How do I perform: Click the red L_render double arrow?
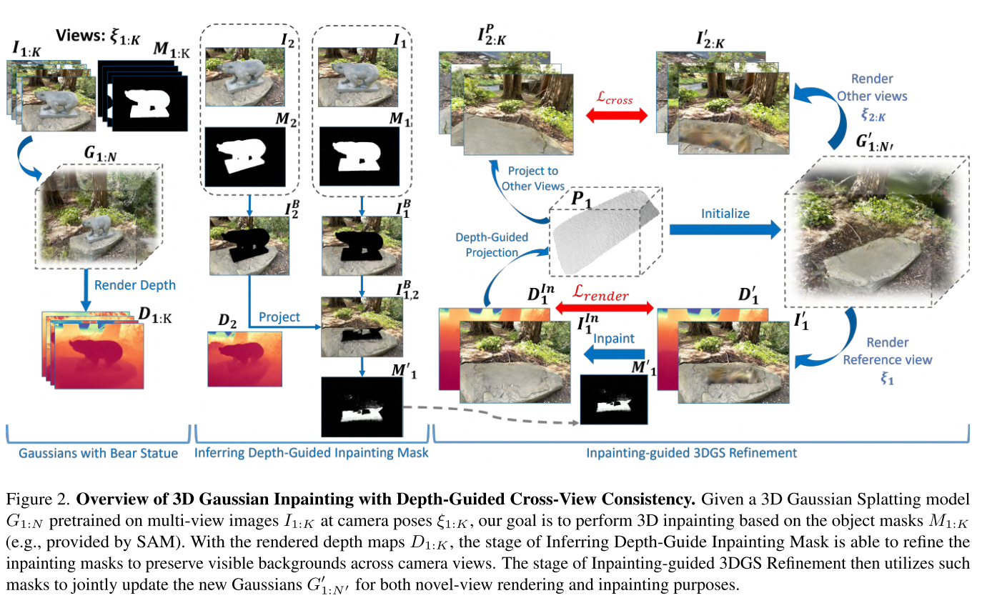coord(605,308)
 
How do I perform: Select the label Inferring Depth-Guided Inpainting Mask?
coord(312,453)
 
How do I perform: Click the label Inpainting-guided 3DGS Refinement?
coord(691,453)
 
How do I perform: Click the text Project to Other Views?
coord(532,179)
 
